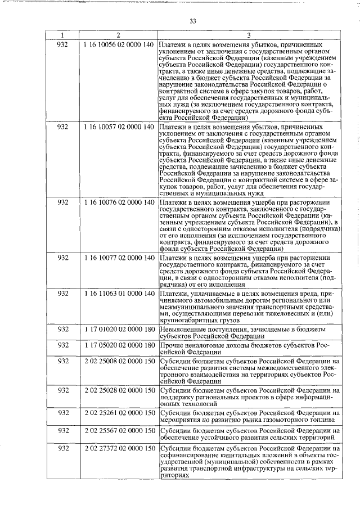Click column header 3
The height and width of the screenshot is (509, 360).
249,35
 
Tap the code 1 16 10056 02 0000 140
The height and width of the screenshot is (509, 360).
118,44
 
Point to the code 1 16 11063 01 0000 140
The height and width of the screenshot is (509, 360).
118,294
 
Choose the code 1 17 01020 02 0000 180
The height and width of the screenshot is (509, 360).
118,328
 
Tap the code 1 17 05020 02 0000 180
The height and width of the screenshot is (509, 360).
118,345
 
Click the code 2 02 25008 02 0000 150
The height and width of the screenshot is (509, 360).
118,362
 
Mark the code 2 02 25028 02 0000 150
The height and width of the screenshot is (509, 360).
118,390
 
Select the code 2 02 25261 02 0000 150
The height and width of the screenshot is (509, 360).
118,413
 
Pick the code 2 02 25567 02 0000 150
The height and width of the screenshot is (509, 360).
118,431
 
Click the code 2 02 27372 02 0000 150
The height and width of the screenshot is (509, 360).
118,448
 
